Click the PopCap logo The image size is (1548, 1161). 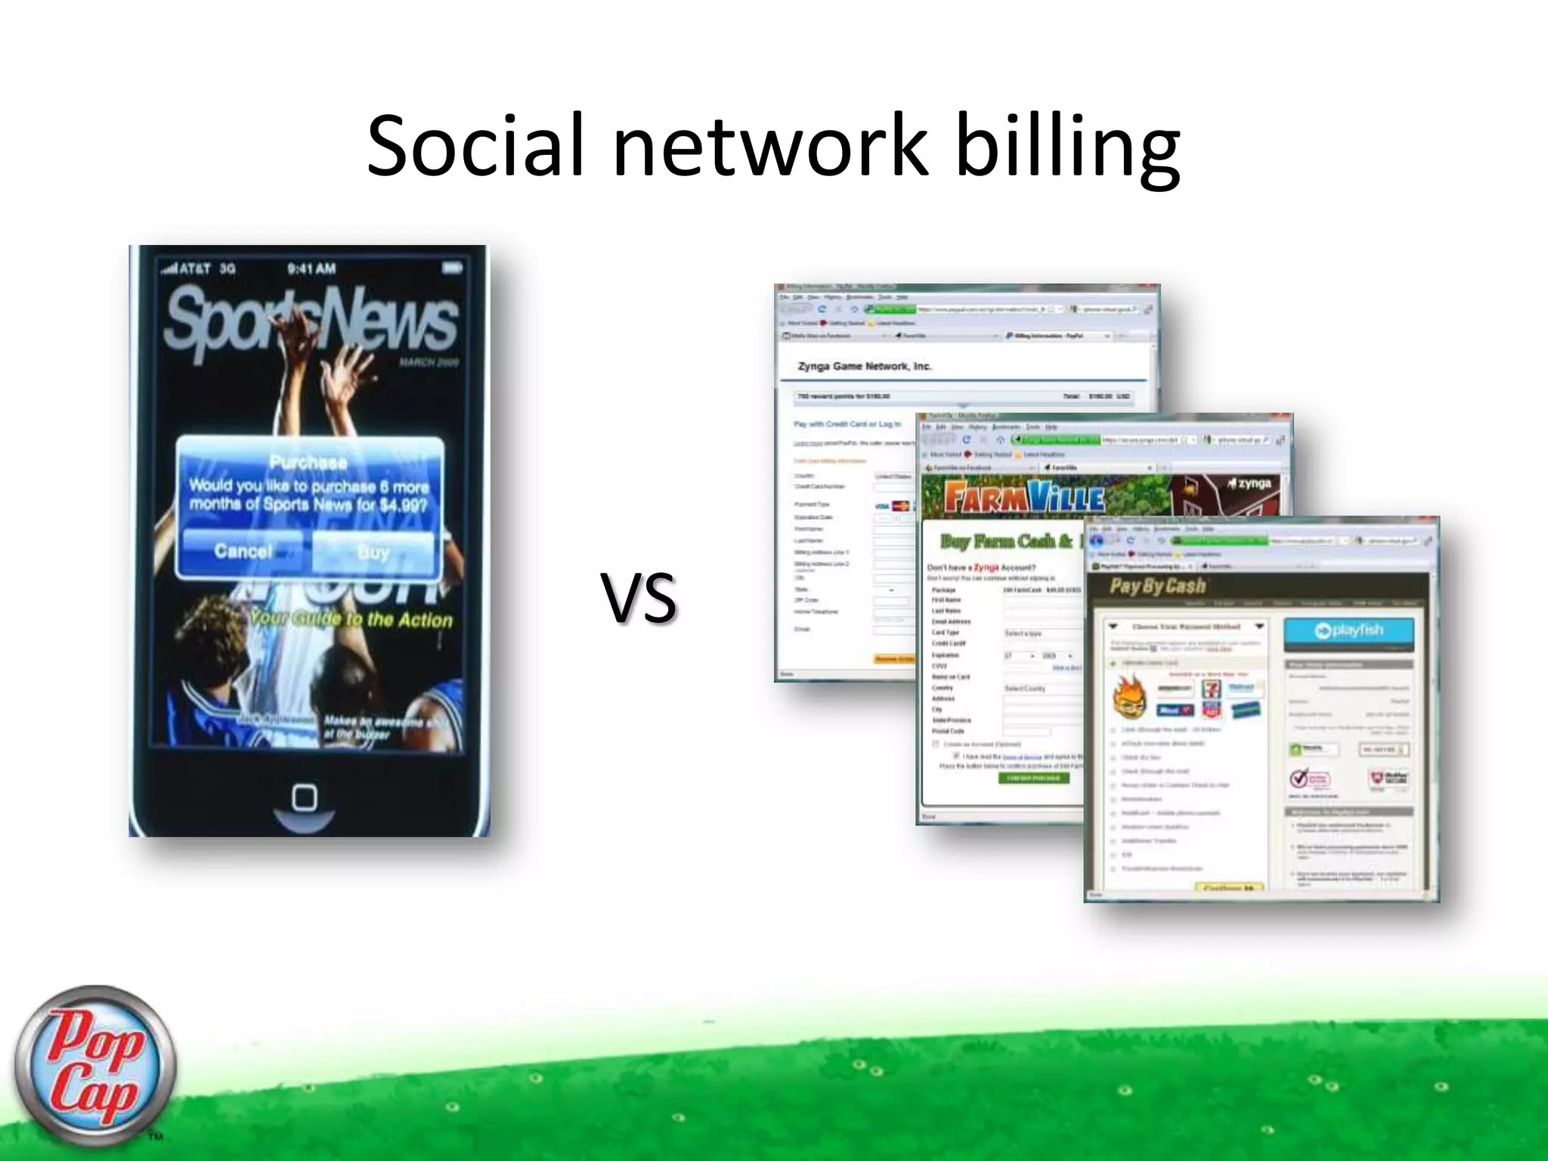coord(94,1066)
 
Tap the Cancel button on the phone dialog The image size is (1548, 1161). coord(243,551)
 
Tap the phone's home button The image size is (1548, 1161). coord(305,798)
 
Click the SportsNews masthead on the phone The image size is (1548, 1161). coord(310,321)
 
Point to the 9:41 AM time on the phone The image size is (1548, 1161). coord(311,268)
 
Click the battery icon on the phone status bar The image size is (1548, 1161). coord(452,268)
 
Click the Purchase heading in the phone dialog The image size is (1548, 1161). coord(308,462)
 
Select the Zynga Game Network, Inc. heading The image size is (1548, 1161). coord(864,366)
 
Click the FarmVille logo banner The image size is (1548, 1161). coord(1024,499)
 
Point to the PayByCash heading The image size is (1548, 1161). coord(1157,586)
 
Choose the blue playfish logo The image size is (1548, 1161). coord(1348,630)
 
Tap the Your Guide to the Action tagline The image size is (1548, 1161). coord(351,619)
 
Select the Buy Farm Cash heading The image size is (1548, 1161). coord(1005,541)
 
